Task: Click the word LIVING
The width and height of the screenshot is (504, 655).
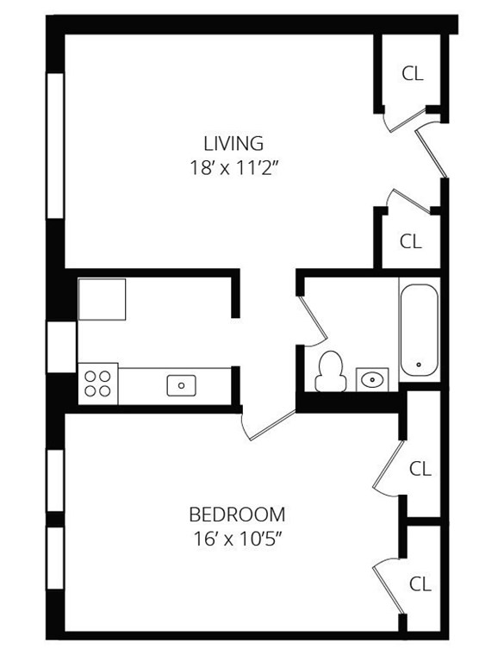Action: [233, 143]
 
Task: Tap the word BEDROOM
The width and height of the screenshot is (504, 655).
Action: [237, 515]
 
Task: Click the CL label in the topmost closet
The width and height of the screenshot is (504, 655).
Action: [413, 74]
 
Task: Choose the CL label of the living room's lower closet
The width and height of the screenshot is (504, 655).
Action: [411, 241]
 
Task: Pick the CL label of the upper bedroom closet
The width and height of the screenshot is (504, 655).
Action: [420, 469]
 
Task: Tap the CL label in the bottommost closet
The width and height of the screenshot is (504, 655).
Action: [420, 583]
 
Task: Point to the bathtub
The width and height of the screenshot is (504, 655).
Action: [419, 329]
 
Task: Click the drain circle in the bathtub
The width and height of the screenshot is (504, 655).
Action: [419, 365]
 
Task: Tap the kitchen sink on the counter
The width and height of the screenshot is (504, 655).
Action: [181, 384]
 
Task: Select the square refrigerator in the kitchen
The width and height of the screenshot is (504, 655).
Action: [102, 299]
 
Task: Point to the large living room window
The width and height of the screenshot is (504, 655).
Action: [56, 146]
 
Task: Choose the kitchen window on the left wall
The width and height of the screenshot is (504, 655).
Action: [61, 346]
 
